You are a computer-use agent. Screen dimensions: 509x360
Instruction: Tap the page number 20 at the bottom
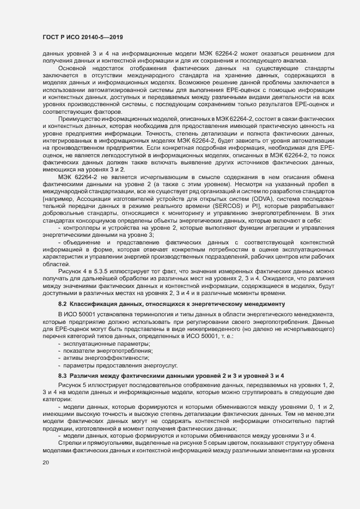45,463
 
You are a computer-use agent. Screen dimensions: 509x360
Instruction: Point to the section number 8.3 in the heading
62,376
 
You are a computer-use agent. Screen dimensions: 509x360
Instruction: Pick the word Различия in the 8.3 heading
87,376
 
